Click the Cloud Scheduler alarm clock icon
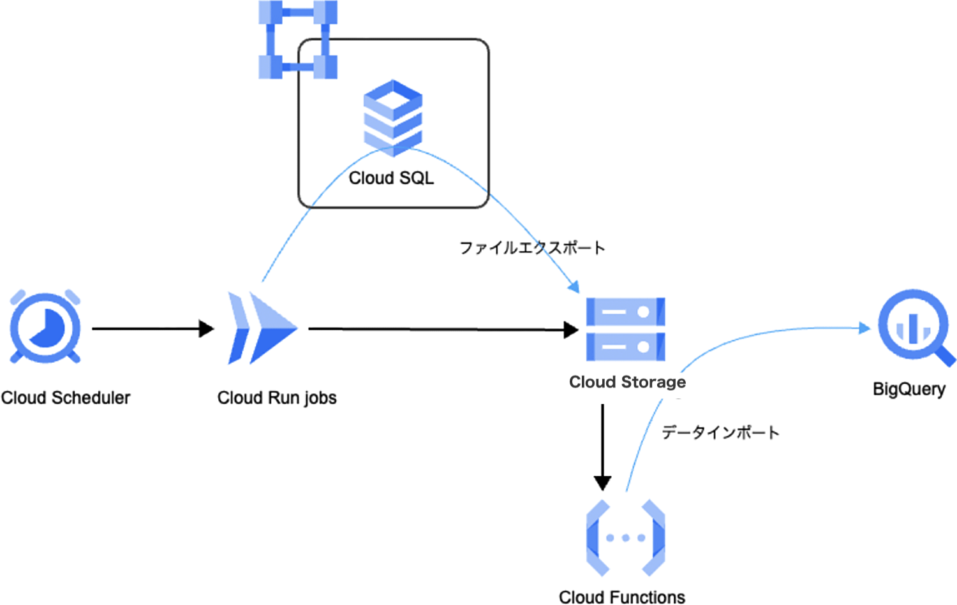(45, 328)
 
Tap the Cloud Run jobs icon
(262, 328)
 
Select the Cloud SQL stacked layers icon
(393, 118)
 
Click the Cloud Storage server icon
(625, 329)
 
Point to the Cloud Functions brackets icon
(625, 538)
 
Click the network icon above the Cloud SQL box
(298, 40)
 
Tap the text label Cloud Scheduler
(66, 398)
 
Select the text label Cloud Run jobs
(277, 398)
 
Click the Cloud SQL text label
(391, 178)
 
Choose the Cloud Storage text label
(627, 382)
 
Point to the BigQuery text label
(909, 389)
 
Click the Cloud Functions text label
(622, 597)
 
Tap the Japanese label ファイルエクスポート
(532, 247)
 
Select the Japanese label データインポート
(720, 432)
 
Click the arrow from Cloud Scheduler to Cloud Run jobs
(153, 329)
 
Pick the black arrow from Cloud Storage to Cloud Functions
(602, 446)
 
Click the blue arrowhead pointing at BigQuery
(864, 328)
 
